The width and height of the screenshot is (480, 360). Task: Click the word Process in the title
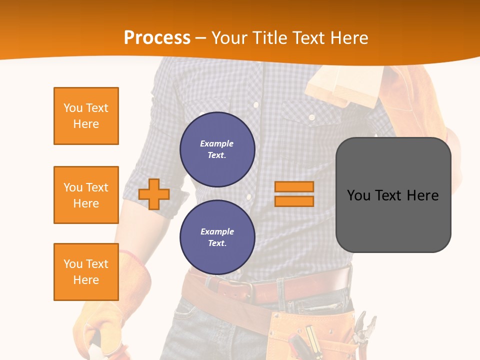click(x=157, y=38)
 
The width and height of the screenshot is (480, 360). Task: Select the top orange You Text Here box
click(x=86, y=116)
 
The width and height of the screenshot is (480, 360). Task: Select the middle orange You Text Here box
click(x=86, y=195)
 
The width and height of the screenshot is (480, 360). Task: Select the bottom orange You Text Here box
click(x=86, y=272)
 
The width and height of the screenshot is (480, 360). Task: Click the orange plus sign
click(x=154, y=194)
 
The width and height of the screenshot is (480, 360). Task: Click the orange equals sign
click(x=294, y=194)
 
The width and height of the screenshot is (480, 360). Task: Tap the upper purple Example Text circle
click(x=217, y=149)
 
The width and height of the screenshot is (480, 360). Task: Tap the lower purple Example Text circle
click(x=217, y=237)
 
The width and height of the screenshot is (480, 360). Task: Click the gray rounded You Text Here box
click(x=393, y=195)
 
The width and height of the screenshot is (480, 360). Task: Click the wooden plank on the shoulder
click(x=345, y=85)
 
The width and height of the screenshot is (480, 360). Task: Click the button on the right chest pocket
click(x=311, y=117)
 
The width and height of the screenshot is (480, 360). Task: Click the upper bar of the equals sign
click(x=294, y=187)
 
